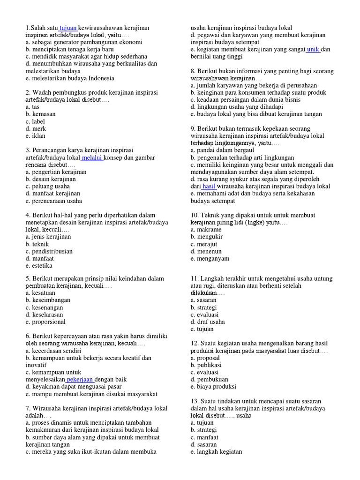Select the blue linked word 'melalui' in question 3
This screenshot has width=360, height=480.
click(92, 157)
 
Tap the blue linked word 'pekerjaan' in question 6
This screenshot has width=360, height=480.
click(80, 379)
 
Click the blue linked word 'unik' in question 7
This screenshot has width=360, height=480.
click(313, 49)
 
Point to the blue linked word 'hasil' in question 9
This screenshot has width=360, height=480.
click(209, 186)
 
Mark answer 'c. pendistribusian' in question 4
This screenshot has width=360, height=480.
click(49, 251)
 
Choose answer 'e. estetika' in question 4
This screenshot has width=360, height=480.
click(39, 266)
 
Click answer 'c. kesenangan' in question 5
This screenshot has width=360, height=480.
click(45, 307)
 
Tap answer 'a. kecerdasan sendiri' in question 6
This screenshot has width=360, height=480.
click(53, 351)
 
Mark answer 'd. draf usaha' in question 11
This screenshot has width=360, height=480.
click(208, 322)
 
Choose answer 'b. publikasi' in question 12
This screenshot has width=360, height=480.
click(206, 365)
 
